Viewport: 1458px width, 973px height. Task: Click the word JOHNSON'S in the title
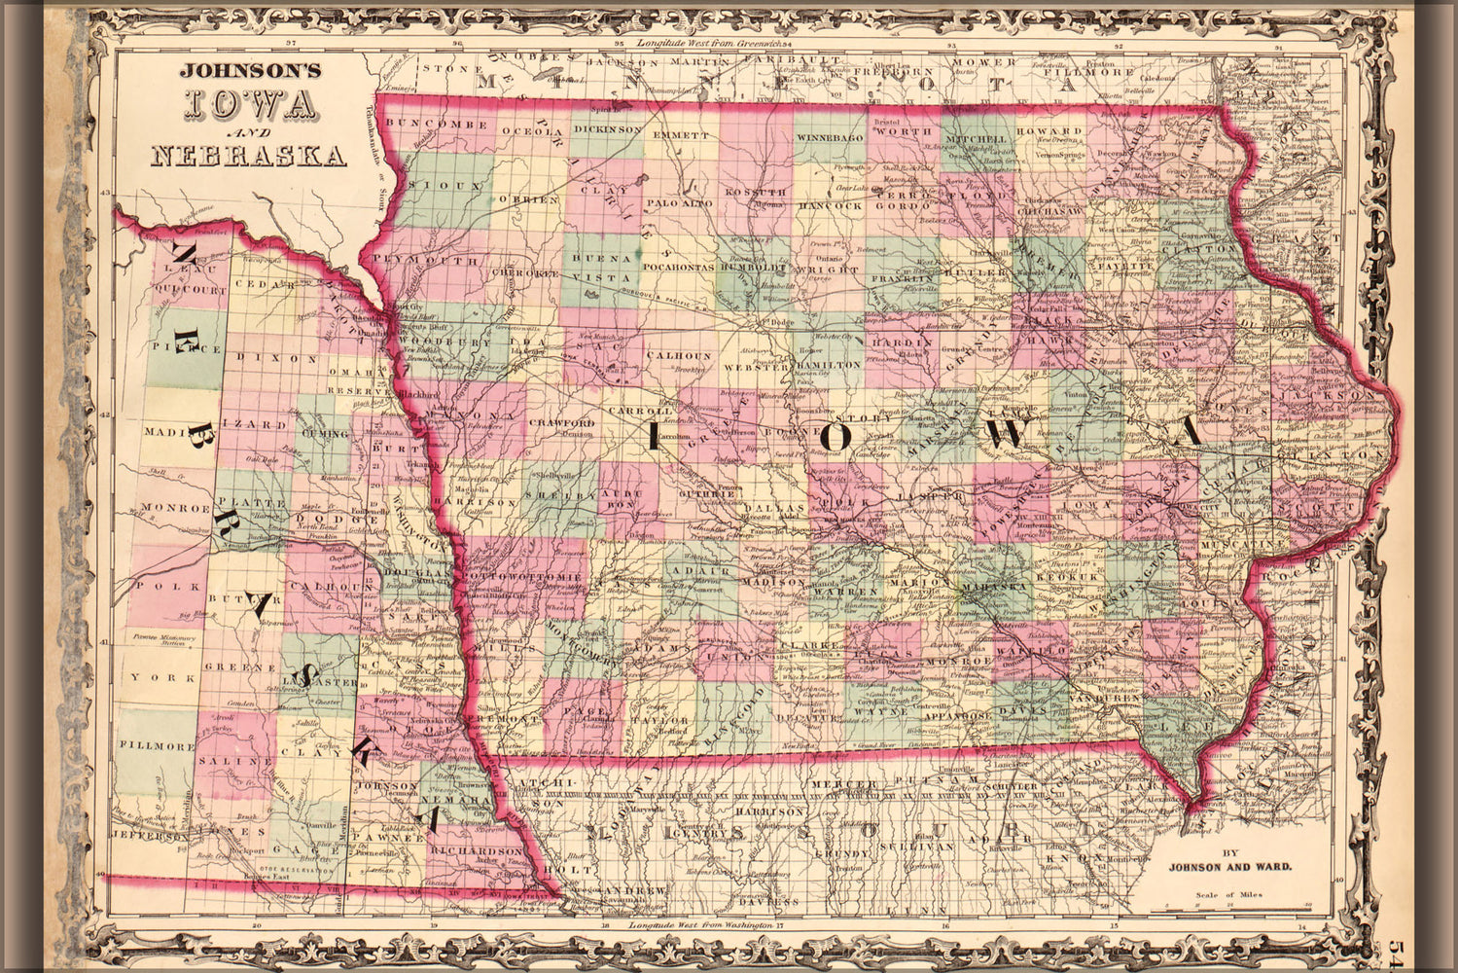(x=247, y=71)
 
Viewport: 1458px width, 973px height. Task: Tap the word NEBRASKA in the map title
(x=249, y=156)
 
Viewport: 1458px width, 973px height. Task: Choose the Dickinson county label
(x=608, y=128)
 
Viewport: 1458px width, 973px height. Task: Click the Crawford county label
(x=561, y=423)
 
